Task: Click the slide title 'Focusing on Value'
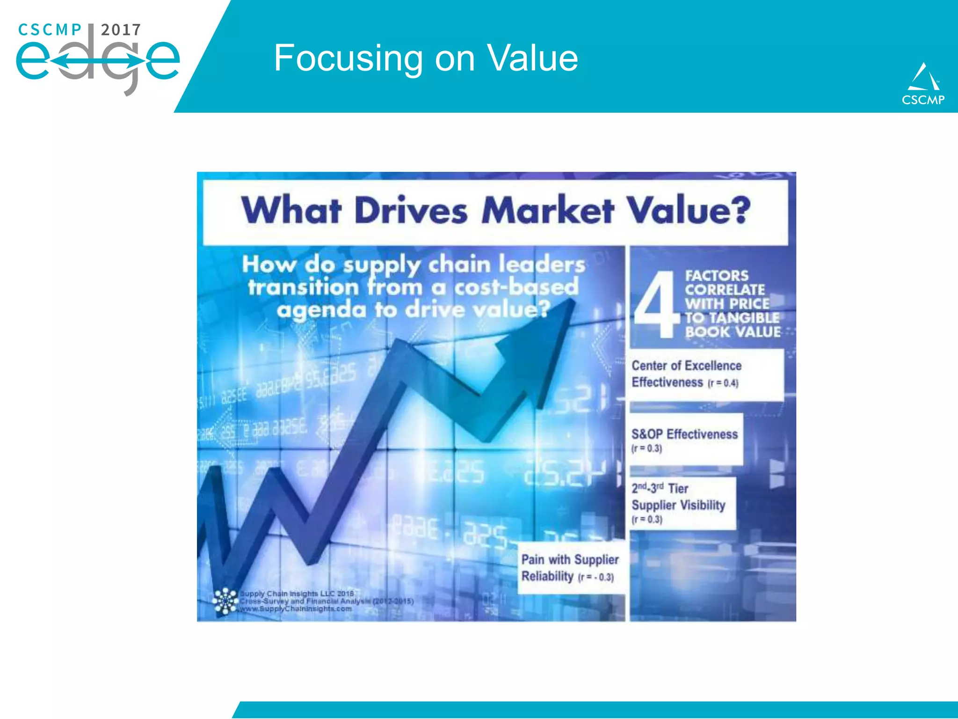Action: point(426,58)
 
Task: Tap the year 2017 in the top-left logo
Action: point(121,30)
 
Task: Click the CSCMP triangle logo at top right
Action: point(922,83)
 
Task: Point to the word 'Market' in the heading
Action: point(547,211)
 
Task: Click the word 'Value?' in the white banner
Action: point(688,211)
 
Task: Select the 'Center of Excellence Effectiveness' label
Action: point(686,374)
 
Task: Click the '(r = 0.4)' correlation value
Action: point(723,383)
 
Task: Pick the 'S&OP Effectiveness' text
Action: point(684,434)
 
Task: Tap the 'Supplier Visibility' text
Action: point(678,505)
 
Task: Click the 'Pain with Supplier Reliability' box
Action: point(570,567)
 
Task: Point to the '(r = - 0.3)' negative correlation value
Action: point(596,577)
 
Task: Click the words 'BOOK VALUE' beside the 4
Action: point(733,332)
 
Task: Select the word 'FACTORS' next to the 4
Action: point(717,276)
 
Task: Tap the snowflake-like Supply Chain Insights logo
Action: point(225,601)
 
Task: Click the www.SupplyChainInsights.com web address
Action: point(296,609)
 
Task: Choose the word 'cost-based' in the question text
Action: point(516,287)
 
